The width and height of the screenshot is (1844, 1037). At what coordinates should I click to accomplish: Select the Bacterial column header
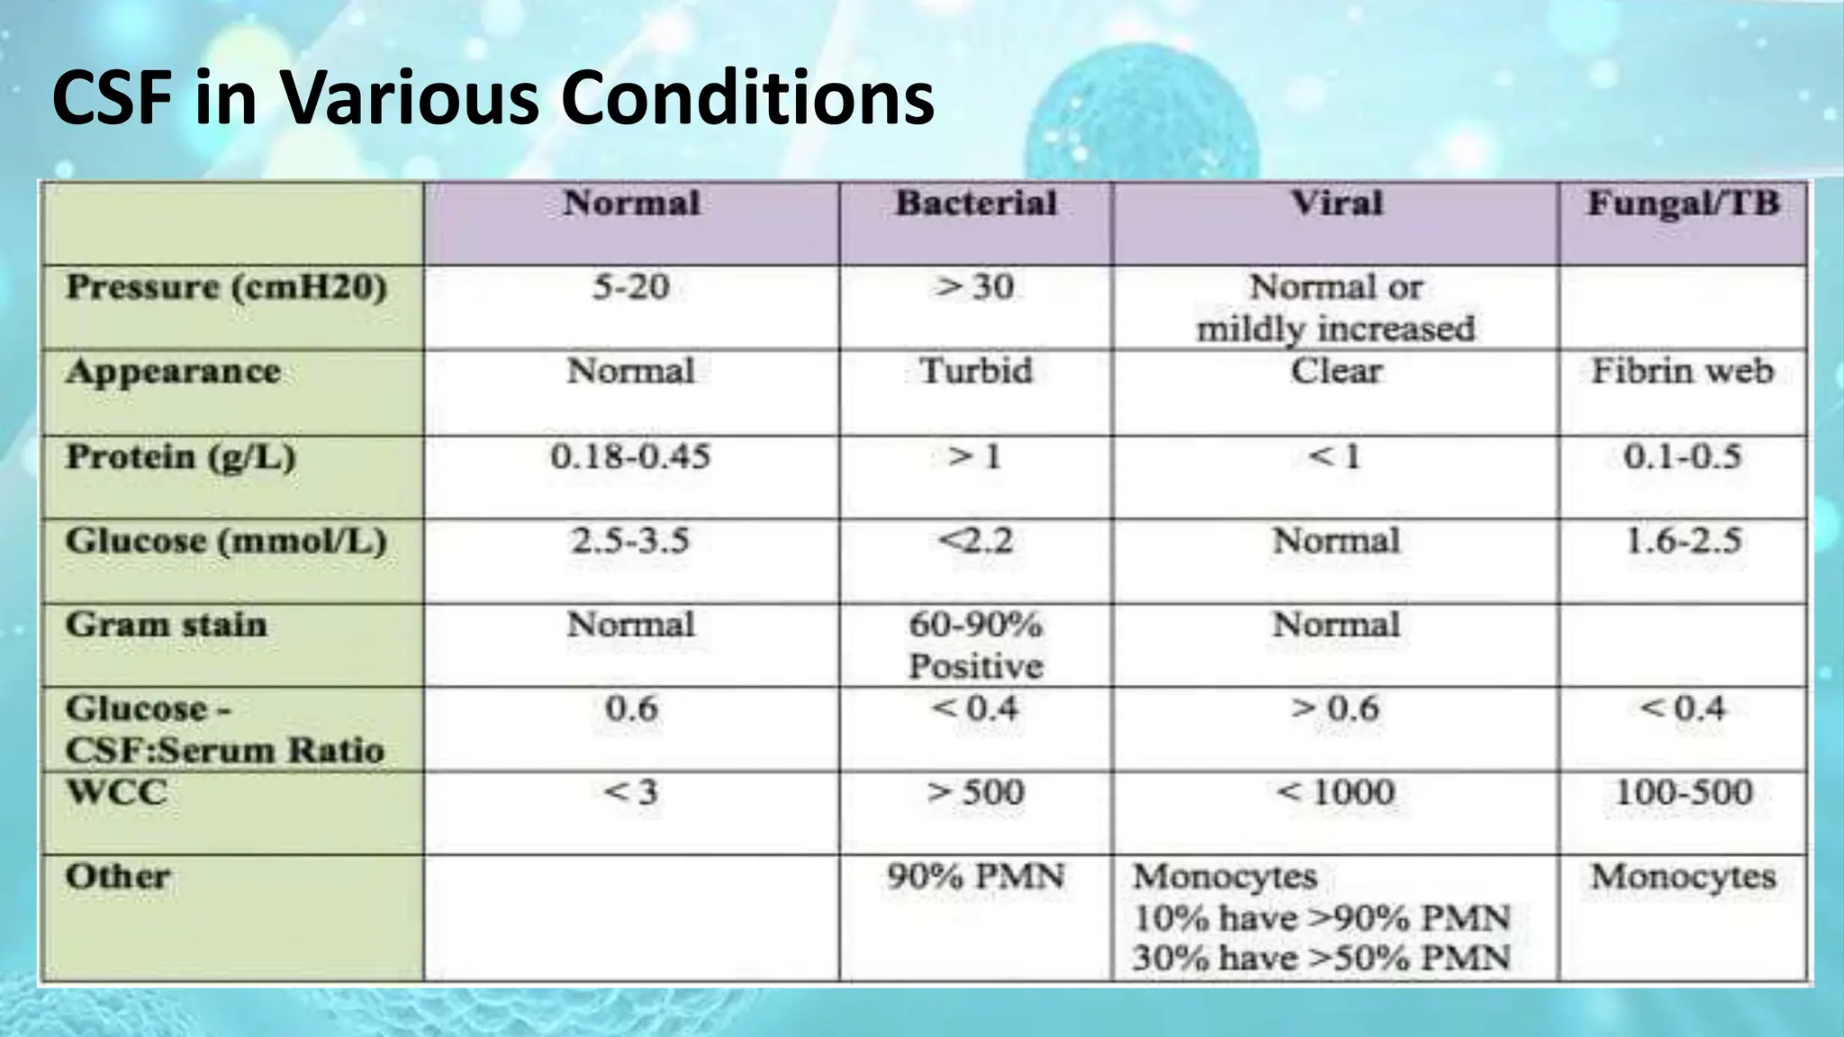pos(976,203)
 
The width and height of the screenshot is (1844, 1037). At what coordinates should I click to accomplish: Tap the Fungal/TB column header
pos(1683,203)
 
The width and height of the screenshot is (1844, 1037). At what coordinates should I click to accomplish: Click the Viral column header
pos(1336,203)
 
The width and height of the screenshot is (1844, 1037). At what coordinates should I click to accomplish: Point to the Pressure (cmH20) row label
pos(226,288)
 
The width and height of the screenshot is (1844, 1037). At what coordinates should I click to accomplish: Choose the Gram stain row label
pos(167,625)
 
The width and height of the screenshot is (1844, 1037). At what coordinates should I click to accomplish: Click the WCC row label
pos(116,793)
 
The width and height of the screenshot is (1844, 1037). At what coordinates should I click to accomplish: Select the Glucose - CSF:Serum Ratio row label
pos(224,729)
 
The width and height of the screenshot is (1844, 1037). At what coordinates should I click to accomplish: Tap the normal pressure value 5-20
pos(630,288)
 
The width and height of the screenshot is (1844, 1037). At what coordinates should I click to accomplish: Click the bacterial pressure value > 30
pos(975,288)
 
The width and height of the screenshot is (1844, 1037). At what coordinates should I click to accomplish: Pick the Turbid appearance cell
pos(975,372)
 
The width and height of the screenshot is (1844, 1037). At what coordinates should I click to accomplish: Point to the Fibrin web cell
pos(1682,372)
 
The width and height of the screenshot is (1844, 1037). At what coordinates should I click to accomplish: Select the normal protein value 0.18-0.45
pos(630,457)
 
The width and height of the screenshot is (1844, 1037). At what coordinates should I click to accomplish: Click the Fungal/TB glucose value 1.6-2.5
pos(1682,541)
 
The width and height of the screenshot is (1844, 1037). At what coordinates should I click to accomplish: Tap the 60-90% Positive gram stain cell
pos(975,645)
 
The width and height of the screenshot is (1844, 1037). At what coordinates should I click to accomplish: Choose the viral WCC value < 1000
pos(1336,793)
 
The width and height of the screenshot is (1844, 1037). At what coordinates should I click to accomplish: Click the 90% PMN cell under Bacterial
pos(975,877)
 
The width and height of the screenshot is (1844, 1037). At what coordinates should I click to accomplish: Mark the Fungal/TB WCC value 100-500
pos(1682,793)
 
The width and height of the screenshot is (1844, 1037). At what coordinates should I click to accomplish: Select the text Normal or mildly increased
pos(1336,308)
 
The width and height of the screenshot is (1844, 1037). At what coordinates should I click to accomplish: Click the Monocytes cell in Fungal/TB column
pos(1682,877)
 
